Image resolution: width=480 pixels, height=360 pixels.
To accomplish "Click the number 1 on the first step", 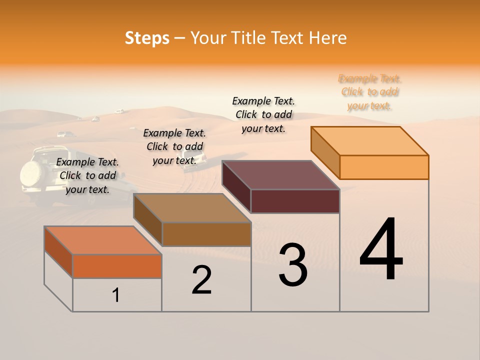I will [116, 295].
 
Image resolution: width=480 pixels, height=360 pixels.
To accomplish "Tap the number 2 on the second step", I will [201, 280].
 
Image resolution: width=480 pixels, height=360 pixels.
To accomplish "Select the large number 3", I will [292, 265].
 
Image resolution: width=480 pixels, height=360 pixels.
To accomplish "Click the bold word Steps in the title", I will [147, 38].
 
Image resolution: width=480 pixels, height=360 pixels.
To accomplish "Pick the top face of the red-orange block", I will [103, 240].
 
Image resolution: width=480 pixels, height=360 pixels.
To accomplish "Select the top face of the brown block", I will [192, 208].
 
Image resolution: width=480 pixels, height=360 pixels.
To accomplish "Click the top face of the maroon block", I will [281, 175].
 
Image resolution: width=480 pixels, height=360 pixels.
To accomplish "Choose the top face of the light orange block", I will [370, 141].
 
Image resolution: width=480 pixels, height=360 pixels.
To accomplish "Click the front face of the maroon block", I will [295, 201].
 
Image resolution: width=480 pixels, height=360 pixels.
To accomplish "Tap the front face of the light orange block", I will [384, 167].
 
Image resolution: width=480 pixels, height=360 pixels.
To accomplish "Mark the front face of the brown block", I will [206, 234].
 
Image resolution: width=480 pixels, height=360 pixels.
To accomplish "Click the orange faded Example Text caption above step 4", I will [369, 92].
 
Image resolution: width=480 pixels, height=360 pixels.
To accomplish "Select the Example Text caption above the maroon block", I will [263, 114].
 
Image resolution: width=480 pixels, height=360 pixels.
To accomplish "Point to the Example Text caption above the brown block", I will [174, 146].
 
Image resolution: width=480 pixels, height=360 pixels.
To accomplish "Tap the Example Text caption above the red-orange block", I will [87, 175].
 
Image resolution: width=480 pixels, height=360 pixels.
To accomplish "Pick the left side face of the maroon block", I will [236, 186].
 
